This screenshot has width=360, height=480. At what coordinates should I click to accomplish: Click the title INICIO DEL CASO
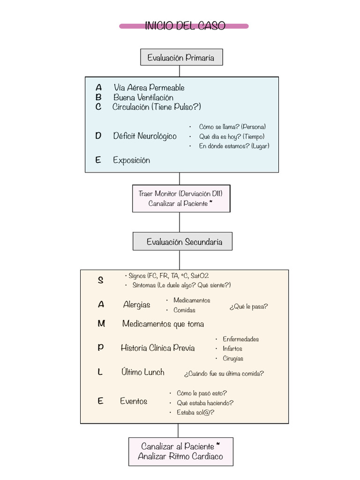(x=185, y=26)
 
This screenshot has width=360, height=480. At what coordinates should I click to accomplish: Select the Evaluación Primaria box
(x=181, y=58)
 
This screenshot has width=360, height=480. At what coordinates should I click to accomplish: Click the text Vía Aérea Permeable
(x=149, y=88)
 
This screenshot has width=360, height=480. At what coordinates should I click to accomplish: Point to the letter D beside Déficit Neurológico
(x=98, y=136)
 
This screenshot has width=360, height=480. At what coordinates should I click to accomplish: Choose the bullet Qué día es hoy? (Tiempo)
(x=232, y=136)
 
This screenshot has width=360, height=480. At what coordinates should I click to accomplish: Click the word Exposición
(x=131, y=160)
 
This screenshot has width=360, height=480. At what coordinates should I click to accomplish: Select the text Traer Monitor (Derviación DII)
(x=180, y=194)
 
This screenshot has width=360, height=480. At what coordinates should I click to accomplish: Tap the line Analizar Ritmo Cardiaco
(x=180, y=457)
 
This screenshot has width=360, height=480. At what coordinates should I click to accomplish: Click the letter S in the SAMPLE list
(x=100, y=280)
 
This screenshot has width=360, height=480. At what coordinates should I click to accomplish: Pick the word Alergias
(x=136, y=305)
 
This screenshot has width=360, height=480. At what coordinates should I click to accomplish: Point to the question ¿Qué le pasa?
(x=248, y=307)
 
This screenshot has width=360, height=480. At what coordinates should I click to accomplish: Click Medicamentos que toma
(x=163, y=324)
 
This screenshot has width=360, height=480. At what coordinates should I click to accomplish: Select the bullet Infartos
(x=232, y=349)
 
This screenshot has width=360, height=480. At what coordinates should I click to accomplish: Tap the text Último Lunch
(x=142, y=372)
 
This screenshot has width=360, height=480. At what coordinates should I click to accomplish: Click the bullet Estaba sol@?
(x=195, y=412)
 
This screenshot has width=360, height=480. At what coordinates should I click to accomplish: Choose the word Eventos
(x=134, y=401)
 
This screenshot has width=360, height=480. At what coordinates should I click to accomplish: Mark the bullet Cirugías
(x=233, y=359)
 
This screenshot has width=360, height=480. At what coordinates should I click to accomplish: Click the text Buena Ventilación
(x=143, y=97)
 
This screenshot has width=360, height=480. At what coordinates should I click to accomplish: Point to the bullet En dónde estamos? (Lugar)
(x=234, y=146)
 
